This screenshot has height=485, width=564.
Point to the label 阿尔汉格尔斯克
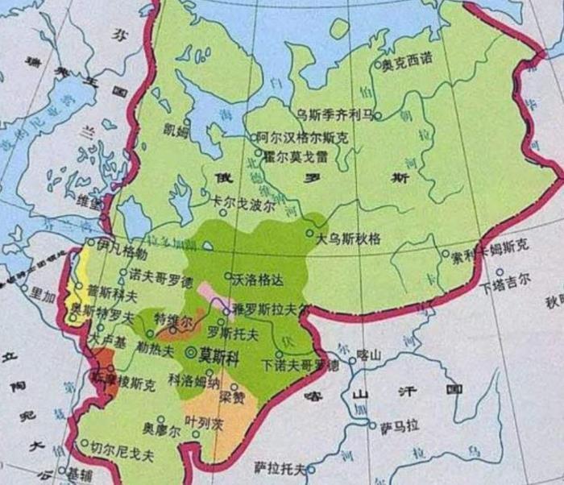tap(303, 138)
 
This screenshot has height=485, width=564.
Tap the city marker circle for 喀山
tap(348, 353)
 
